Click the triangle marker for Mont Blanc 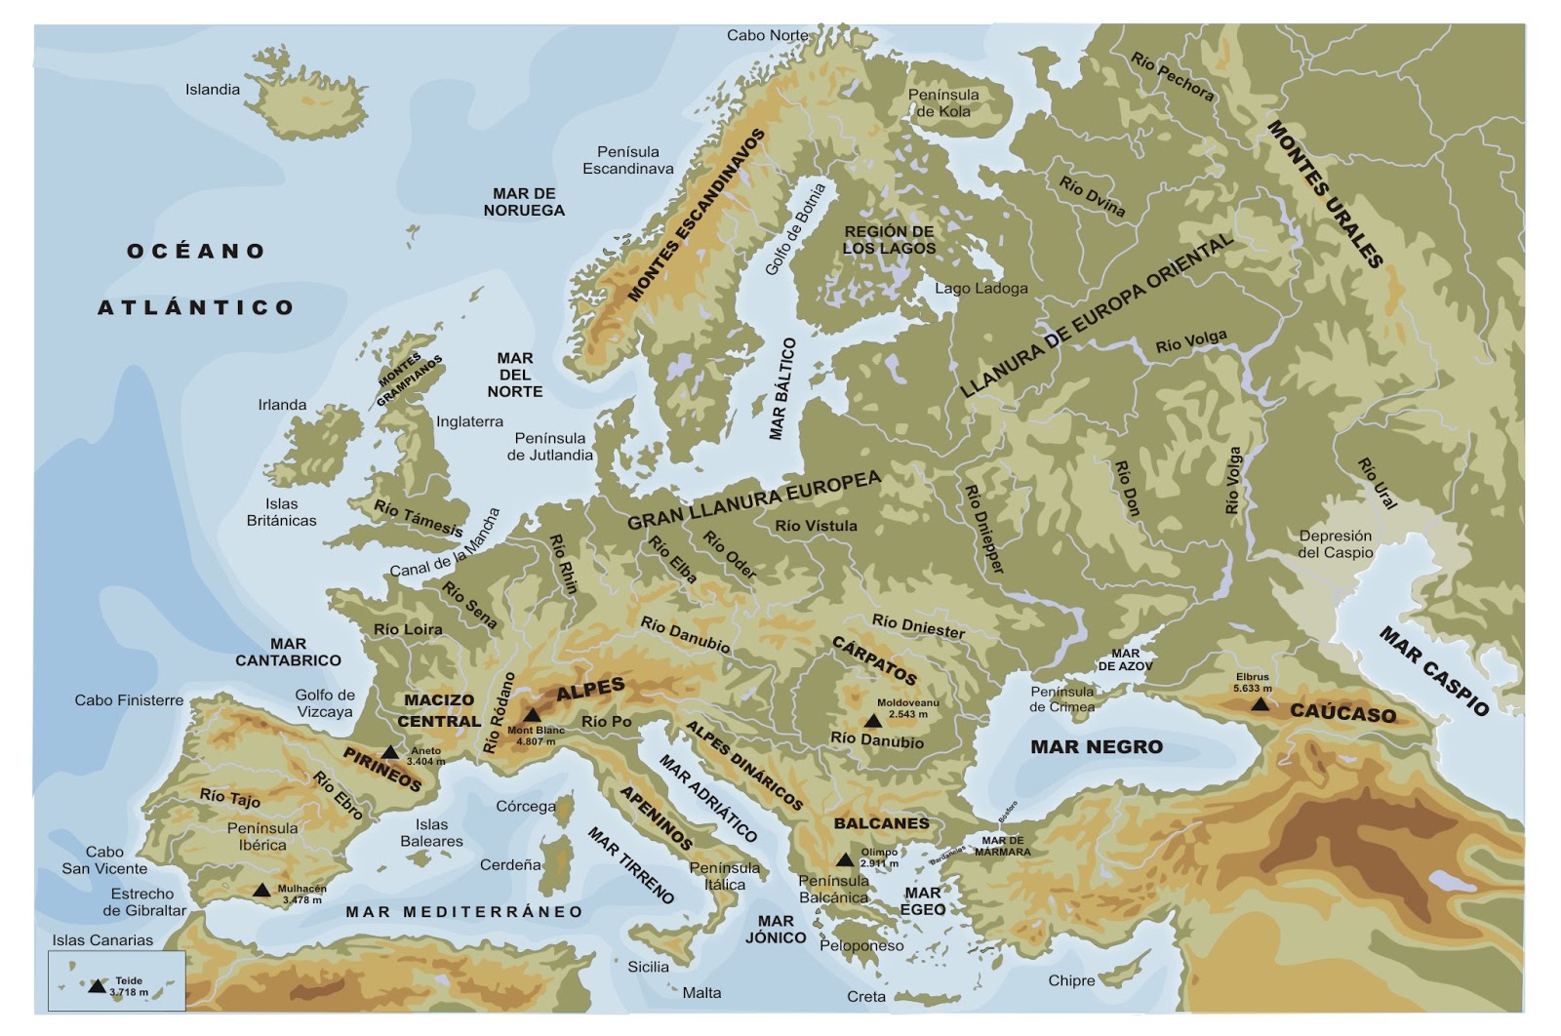click(x=532, y=715)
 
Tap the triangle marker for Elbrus click(x=1261, y=703)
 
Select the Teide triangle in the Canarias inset click(x=97, y=986)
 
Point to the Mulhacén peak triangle click(x=261, y=890)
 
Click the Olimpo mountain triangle click(x=845, y=859)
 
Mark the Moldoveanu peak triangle click(x=872, y=721)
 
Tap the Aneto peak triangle click(x=390, y=751)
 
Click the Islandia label click(x=213, y=90)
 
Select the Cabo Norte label click(x=768, y=35)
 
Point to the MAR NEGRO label click(x=1097, y=747)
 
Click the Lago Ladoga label click(x=981, y=289)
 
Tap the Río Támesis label click(x=419, y=518)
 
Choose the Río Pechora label click(x=1173, y=77)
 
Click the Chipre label click(x=1071, y=980)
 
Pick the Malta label click(x=701, y=993)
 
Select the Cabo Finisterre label click(x=129, y=700)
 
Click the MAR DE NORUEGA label click(x=524, y=202)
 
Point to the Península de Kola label click(x=943, y=102)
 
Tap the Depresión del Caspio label click(x=1335, y=544)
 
